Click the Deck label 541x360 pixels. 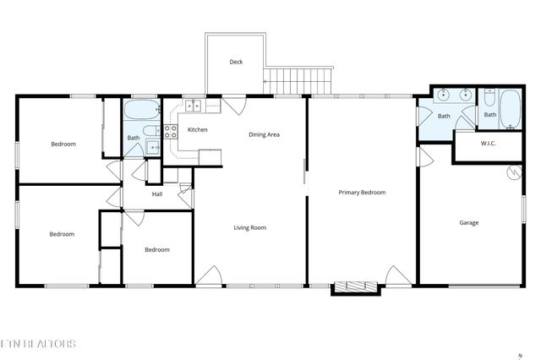pyautogui.click(x=237, y=63)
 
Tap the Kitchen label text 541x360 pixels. pyautogui.click(x=197, y=129)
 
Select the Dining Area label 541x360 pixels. pyautogui.click(x=264, y=134)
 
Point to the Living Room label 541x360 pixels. pyautogui.click(x=250, y=227)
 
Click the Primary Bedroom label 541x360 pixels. pyautogui.click(x=362, y=193)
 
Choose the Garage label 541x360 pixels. pyautogui.click(x=469, y=223)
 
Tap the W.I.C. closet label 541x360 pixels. pyautogui.click(x=488, y=143)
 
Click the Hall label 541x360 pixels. pyautogui.click(x=157, y=194)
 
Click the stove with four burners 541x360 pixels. pyautogui.click(x=170, y=131)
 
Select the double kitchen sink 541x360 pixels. pyautogui.click(x=192, y=106)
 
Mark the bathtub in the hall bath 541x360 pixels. pyautogui.click(x=140, y=110)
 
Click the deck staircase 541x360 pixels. pyautogui.click(x=299, y=82)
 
